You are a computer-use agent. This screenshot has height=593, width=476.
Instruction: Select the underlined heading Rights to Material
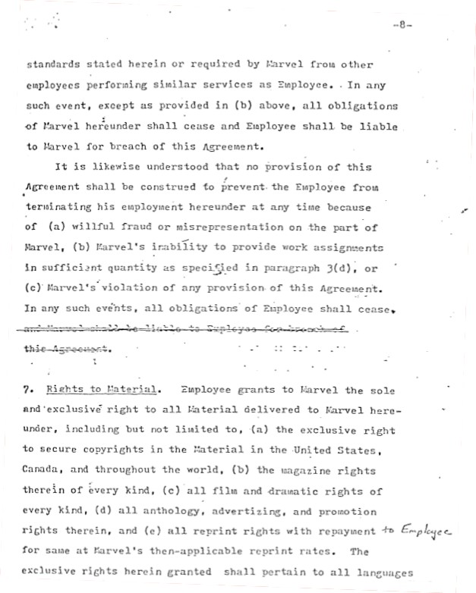click(x=102, y=391)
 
